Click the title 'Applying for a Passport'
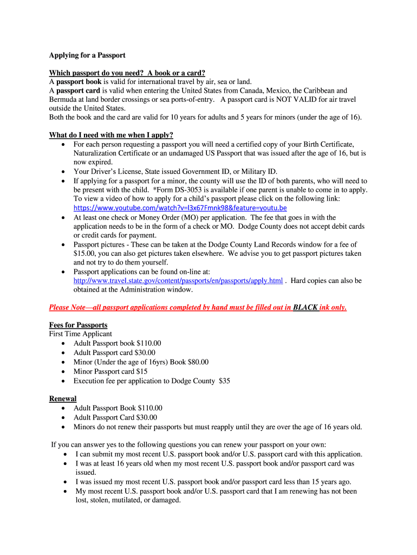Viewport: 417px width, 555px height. (x=87, y=55)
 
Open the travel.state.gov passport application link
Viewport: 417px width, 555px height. (x=178, y=281)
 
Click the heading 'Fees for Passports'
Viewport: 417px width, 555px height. (x=78, y=325)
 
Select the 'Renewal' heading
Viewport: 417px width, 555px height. (x=63, y=399)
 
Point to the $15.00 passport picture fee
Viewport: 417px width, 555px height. (x=84, y=253)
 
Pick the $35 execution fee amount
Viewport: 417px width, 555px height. (x=224, y=381)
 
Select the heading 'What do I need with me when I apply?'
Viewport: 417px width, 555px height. (x=111, y=135)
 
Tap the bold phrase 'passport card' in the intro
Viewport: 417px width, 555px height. (x=78, y=91)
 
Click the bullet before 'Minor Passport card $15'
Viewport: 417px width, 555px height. (x=64, y=372)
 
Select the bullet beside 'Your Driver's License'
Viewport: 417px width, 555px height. (x=64, y=172)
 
